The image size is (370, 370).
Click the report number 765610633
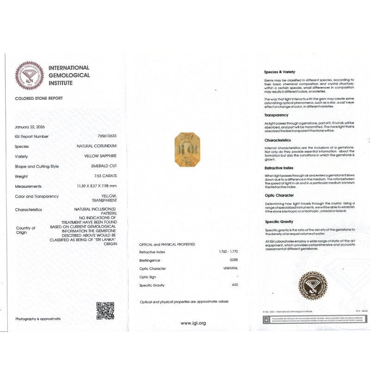[x=107, y=136]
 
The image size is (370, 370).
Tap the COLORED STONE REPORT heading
[x=39, y=99]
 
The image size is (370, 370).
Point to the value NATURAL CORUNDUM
[x=97, y=146]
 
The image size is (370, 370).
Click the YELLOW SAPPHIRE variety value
[x=100, y=156]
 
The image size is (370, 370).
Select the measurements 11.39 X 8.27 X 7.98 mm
[x=97, y=186]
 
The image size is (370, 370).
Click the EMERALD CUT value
[x=104, y=166]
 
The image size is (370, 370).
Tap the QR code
[x=105, y=311]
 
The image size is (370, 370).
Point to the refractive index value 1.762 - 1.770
[x=228, y=252]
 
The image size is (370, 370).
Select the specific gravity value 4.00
[x=235, y=285]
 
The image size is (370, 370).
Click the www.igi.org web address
[x=193, y=323]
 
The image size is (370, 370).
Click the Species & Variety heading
[x=279, y=72]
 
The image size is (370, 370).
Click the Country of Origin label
[x=25, y=230]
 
